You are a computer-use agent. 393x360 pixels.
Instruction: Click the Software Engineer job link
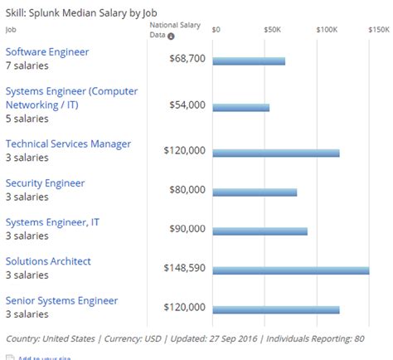click(47, 52)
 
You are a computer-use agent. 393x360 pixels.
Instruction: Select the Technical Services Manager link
click(68, 144)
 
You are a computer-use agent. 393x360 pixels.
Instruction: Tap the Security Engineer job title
click(46, 183)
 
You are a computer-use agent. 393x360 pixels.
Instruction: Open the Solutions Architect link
click(48, 261)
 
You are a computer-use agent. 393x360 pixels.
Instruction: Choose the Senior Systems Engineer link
click(61, 300)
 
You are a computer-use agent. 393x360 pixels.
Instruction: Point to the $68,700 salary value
click(187, 61)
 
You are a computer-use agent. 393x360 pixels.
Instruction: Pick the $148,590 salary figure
click(184, 269)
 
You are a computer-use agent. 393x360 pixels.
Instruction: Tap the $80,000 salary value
click(187, 190)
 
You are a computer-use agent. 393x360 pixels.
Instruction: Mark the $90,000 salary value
click(187, 229)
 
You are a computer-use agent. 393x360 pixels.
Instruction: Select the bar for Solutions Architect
click(291, 270)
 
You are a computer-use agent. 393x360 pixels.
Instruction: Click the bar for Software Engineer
click(250, 61)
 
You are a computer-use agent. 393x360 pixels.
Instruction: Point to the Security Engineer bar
click(255, 192)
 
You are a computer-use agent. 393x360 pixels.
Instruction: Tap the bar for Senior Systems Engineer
click(276, 309)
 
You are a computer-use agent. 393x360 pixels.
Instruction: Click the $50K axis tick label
click(272, 29)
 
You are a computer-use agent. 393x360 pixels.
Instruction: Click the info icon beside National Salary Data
click(171, 36)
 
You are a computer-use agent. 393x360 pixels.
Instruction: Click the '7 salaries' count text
click(27, 66)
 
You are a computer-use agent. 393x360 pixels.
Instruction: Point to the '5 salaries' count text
click(27, 118)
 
